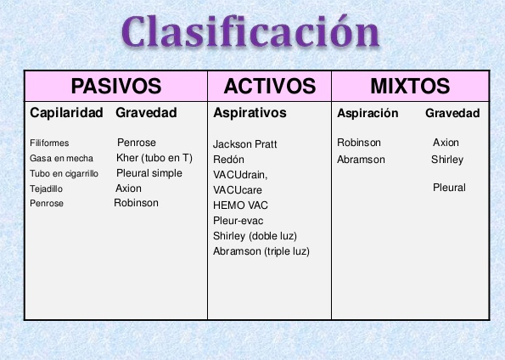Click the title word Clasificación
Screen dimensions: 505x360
250,31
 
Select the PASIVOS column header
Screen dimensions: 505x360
116,86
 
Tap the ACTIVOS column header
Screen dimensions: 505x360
270,86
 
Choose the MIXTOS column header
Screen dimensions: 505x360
410,86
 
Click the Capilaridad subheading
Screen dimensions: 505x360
66,113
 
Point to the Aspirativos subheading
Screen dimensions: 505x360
250,113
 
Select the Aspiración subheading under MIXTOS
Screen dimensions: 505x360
368,113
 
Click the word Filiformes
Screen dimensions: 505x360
49,143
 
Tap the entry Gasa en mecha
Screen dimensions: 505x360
61,158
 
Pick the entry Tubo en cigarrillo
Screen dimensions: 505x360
65,174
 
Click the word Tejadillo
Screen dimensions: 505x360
46,188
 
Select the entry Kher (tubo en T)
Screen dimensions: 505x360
154,158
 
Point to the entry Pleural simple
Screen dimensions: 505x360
149,173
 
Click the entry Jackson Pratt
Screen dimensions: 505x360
244,144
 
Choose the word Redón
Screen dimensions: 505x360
228,160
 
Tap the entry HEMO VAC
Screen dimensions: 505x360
240,205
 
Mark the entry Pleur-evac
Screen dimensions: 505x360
238,221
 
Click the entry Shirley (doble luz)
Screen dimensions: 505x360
255,236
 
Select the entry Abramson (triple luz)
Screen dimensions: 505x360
261,251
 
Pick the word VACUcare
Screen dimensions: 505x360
238,190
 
